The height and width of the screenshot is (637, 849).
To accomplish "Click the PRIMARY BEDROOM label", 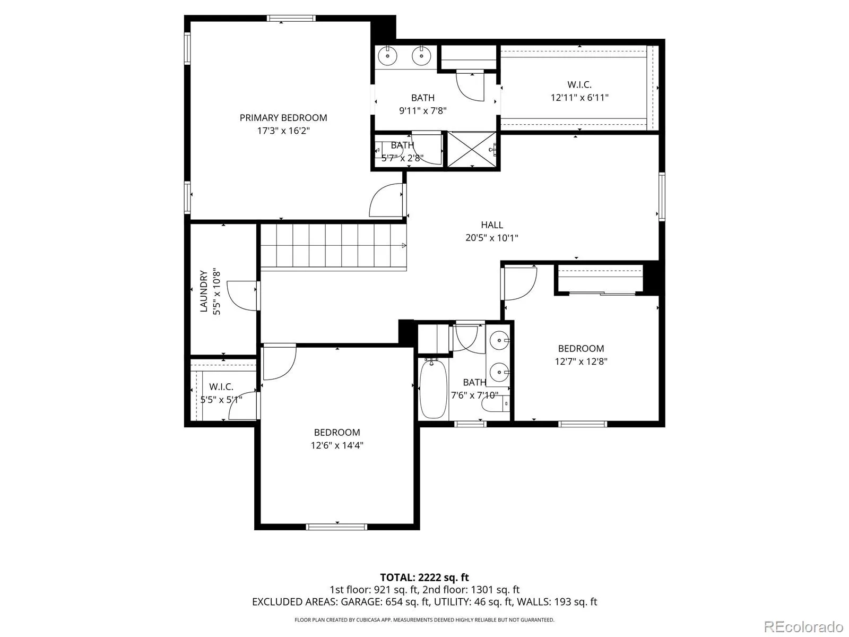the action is coord(283,117).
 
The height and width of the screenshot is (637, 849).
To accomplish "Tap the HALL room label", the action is coord(491,225).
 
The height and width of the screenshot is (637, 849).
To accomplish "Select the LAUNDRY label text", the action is coord(203,291).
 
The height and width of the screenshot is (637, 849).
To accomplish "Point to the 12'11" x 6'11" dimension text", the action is coord(579,98).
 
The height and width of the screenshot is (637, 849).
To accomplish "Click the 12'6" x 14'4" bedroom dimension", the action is coord(337,445).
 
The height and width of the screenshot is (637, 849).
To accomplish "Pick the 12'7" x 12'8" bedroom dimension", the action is coord(581,361).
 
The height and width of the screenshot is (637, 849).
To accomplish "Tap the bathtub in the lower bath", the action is coord(433,389).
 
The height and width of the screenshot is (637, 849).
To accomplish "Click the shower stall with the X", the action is coord(472,150).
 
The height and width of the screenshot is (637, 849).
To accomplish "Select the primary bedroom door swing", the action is coord(386,200).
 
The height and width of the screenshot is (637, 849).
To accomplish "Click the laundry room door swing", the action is coord(242,296).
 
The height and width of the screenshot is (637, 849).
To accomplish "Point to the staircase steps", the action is coord(333,246).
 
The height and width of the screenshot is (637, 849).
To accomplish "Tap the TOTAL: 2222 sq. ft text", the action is coord(424,578).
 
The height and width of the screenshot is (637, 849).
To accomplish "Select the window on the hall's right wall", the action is coord(662,197).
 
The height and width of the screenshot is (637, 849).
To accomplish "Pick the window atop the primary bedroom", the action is coord(291,18).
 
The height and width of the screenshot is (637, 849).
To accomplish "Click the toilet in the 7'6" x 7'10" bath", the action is coord(496,404).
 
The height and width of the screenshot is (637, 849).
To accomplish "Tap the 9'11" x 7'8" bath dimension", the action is coord(423,110).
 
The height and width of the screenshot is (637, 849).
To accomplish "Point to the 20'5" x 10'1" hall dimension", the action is coord(491,237).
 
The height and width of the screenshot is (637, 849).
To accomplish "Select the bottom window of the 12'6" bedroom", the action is coord(336,527).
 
